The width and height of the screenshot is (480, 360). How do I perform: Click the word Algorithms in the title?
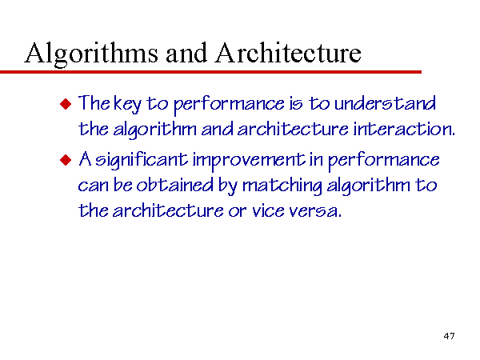pyautogui.click(x=91, y=54)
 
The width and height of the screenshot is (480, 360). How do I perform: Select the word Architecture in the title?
pyautogui.click(x=288, y=52)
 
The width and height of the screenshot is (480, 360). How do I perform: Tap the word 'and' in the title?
pyautogui.click(x=186, y=53)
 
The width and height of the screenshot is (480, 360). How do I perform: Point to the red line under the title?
pyautogui.click(x=210, y=72)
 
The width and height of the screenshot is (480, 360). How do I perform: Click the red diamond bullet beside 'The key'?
pyautogui.click(x=66, y=104)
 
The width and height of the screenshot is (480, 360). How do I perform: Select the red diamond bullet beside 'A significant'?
pyautogui.click(x=66, y=160)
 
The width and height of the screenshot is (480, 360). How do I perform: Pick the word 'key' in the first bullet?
pyautogui.click(x=128, y=104)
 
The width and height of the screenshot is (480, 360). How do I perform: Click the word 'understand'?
pyautogui.click(x=385, y=103)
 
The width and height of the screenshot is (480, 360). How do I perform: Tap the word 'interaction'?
pyautogui.click(x=404, y=129)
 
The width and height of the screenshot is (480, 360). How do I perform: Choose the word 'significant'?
pyautogui.click(x=142, y=161)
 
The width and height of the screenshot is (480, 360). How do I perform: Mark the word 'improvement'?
pyautogui.click(x=249, y=161)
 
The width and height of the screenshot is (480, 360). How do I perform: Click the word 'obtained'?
pyautogui.click(x=174, y=185)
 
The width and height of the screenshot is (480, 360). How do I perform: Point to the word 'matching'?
pyautogui.click(x=282, y=186)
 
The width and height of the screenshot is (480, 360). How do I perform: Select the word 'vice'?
pyautogui.click(x=269, y=210)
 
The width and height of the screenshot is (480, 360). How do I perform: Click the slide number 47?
pyautogui.click(x=449, y=336)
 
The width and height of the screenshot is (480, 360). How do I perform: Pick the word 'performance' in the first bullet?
pyautogui.click(x=230, y=104)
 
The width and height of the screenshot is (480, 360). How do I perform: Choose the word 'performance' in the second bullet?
pyautogui.click(x=384, y=161)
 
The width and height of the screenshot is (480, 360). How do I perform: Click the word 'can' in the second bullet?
pyautogui.click(x=93, y=186)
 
